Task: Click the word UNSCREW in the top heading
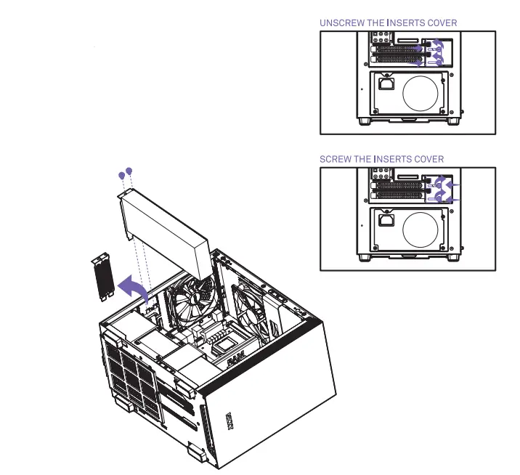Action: [342, 23]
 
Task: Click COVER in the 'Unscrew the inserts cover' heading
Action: [441, 23]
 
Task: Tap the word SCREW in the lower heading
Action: [336, 159]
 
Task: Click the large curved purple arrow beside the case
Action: [134, 287]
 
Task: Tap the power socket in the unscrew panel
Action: [386, 85]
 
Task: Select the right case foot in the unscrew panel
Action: [455, 121]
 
